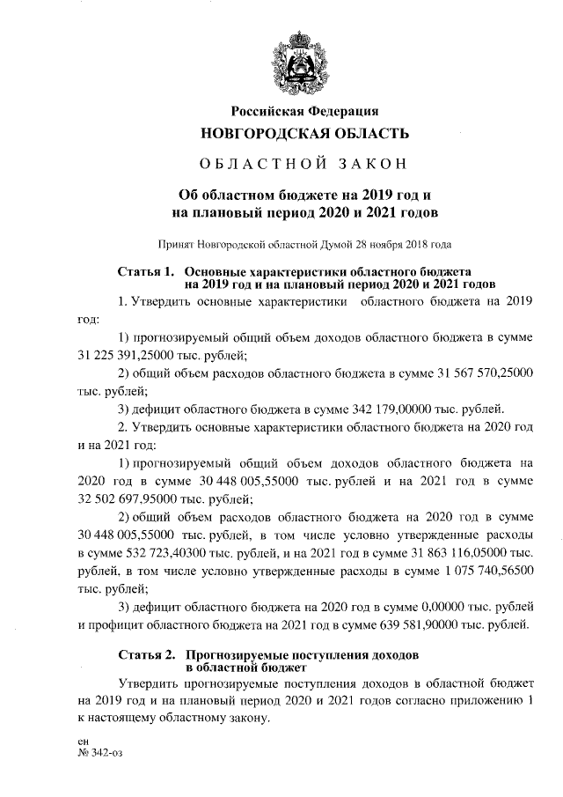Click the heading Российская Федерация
click(x=304, y=111)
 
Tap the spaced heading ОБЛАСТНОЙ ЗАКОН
click(x=304, y=165)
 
